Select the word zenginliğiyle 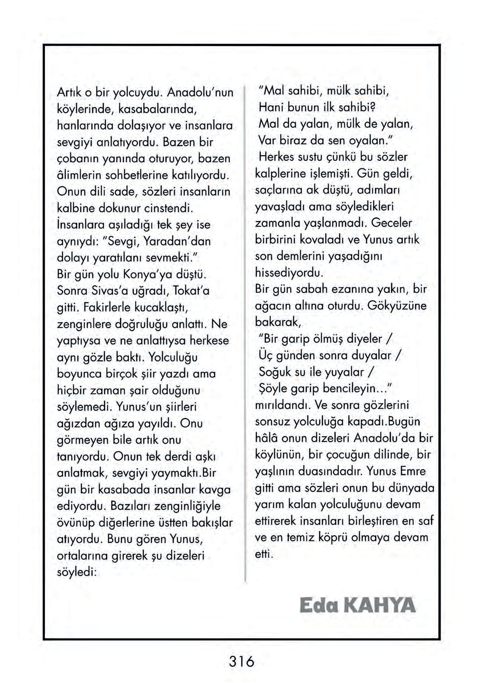187,506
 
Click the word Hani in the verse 270,107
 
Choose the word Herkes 277,157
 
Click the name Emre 410,471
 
